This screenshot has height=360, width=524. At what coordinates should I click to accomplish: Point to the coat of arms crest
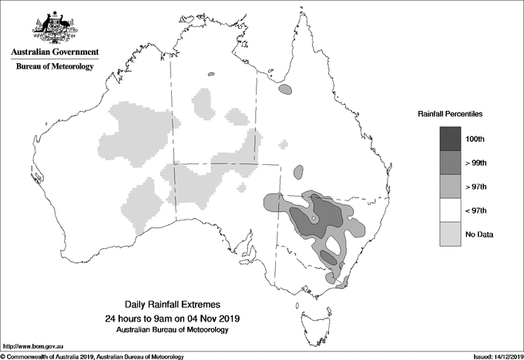54,28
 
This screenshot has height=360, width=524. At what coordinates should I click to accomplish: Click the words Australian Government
54,52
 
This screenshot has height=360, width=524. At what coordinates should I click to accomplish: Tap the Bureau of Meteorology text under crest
54,67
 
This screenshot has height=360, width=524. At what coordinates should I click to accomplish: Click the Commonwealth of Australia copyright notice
92,355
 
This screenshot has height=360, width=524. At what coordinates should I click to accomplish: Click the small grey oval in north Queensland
286,90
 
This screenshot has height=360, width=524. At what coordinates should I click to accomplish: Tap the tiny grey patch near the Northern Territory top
211,75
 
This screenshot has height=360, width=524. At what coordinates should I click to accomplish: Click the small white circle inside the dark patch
314,220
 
